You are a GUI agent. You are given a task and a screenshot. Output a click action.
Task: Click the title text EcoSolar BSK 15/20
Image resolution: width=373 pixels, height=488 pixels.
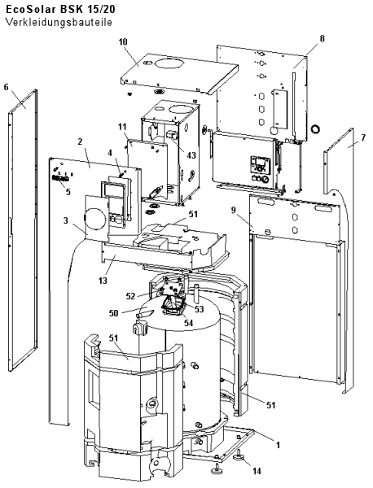point(60,9)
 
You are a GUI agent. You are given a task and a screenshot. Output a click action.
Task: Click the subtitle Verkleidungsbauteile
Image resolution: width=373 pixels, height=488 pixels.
point(59,23)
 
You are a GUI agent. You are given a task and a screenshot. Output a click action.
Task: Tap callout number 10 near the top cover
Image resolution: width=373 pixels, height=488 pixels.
point(123,41)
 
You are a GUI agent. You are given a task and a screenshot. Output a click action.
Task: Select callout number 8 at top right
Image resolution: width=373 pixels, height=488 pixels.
point(322,38)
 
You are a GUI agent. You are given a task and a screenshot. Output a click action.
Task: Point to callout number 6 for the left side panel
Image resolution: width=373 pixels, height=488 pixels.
point(7,87)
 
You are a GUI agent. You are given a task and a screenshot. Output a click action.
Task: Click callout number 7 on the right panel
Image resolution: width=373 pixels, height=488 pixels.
point(363,138)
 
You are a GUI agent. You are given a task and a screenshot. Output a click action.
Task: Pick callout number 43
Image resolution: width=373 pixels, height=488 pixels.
point(191,155)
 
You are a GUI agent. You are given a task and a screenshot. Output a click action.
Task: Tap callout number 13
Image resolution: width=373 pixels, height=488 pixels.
point(103,281)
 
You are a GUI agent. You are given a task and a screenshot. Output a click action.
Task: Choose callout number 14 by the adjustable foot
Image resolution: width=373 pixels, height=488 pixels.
point(257,472)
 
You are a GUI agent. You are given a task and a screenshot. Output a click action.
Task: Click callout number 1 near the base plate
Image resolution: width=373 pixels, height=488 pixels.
point(279,445)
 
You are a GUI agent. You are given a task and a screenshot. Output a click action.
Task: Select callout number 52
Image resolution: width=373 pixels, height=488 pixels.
point(131,296)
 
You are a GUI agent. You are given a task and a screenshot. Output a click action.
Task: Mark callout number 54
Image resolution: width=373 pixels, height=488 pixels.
point(188,323)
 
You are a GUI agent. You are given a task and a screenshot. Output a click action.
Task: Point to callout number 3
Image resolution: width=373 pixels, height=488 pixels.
point(65,220)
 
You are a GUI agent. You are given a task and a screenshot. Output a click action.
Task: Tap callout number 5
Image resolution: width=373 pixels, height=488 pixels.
point(68,192)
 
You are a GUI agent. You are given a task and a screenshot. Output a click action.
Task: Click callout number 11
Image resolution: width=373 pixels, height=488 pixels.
point(122,127)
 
